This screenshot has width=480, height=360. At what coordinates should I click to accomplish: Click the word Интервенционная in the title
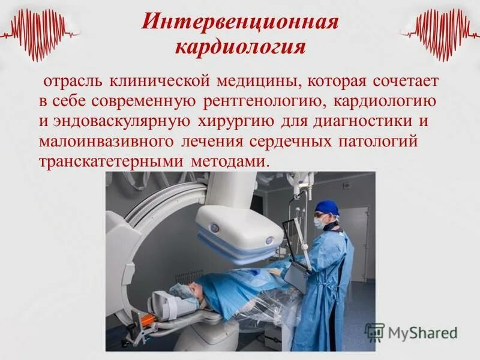[x=241, y=23]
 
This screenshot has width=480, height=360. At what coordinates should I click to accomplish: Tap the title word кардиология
[x=241, y=47]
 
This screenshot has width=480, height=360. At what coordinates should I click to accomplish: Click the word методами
[x=232, y=163]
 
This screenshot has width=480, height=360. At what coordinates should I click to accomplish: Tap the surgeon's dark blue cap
[x=328, y=208]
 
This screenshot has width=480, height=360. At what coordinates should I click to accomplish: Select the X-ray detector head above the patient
[x=240, y=231]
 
